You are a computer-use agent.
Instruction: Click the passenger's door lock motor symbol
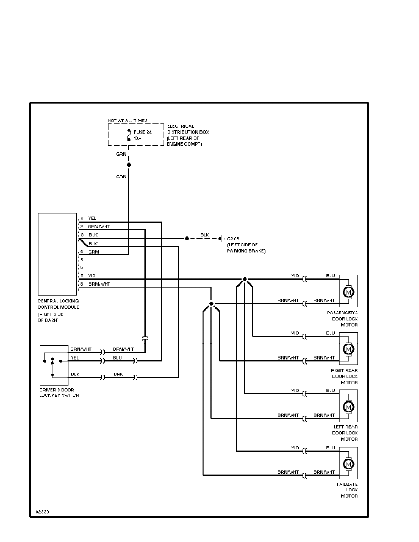(348, 291)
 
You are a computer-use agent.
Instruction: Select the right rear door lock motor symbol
(348, 349)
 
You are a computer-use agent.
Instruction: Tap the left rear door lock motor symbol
(348, 406)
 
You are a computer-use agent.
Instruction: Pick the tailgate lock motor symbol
(348, 464)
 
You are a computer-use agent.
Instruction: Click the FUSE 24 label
(142, 132)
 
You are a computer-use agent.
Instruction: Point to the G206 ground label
(233, 239)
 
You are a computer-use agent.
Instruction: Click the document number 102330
(41, 511)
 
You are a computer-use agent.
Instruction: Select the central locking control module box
(57, 254)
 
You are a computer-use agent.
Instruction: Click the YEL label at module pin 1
(92, 218)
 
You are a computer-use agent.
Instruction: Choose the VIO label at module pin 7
(92, 276)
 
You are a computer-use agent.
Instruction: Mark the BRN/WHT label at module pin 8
(99, 284)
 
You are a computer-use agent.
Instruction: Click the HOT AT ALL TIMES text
(128, 120)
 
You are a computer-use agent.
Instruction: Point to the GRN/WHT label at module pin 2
(99, 226)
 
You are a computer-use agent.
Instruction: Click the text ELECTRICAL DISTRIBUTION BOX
(181, 129)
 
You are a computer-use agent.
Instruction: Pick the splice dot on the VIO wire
(245, 279)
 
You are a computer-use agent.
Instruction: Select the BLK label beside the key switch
(75, 374)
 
